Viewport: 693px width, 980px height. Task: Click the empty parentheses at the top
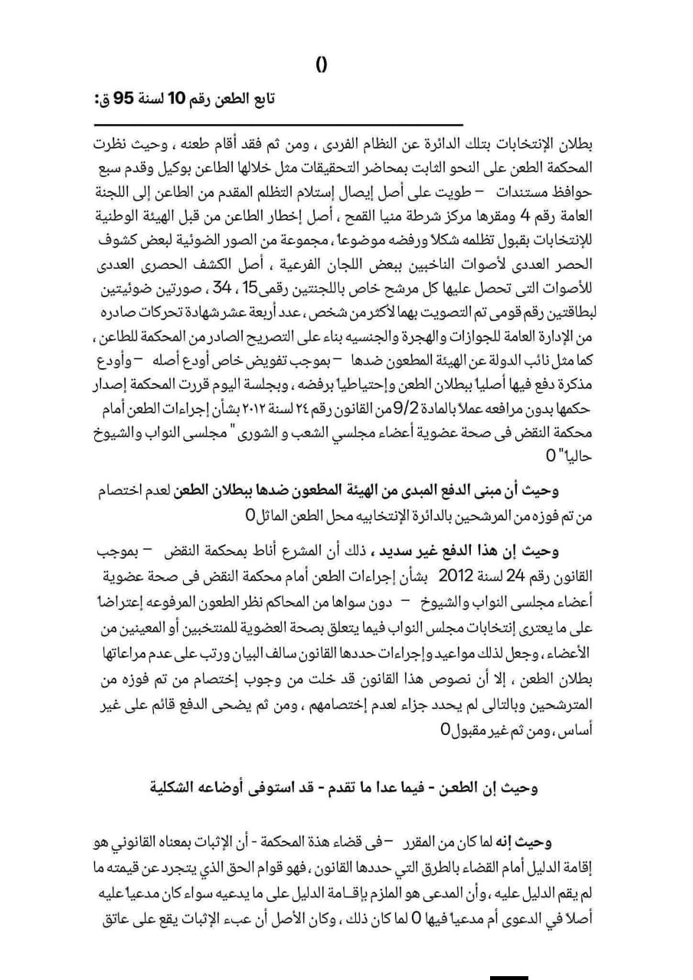pos(322,66)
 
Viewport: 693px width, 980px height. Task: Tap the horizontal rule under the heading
pos(279,125)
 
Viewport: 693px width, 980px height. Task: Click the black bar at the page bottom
pos(508,977)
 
